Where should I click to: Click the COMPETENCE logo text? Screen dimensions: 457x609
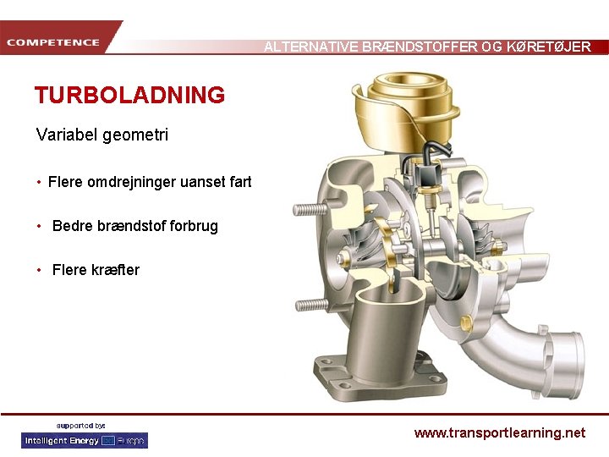coord(53,42)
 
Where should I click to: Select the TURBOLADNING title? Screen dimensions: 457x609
coord(129,95)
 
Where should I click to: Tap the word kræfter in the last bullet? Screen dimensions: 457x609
coord(115,270)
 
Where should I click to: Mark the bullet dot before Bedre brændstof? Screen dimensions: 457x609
coord(40,226)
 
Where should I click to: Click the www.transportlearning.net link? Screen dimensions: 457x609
coord(499,432)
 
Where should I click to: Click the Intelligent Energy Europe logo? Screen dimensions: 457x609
coord(84,440)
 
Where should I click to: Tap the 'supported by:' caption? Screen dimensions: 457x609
coord(80,425)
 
